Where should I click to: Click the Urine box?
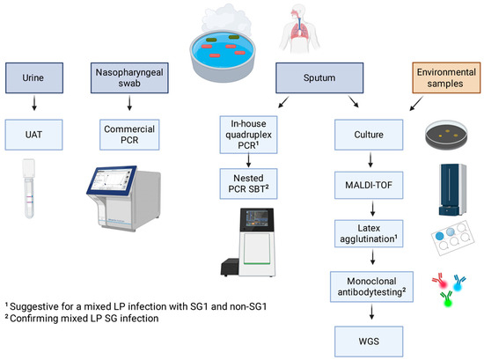pyautogui.click(x=34, y=77)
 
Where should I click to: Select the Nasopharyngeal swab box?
pyautogui.click(x=129, y=77)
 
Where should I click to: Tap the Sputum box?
pyautogui.click(x=319, y=77)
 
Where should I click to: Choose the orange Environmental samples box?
pyautogui.click(x=446, y=77)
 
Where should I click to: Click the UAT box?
pyautogui.click(x=33, y=135)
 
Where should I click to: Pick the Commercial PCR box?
pyautogui.click(x=129, y=135)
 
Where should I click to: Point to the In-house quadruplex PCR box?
pyautogui.click(x=248, y=135)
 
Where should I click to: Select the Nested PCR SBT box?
pyautogui.click(x=248, y=184)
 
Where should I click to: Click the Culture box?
pyautogui.click(x=369, y=135)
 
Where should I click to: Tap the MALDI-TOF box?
pyautogui.click(x=369, y=185)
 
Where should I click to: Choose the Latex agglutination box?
pyautogui.click(x=369, y=234)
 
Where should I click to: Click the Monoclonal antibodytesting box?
pyautogui.click(x=371, y=287)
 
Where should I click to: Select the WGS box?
pyautogui.click(x=369, y=342)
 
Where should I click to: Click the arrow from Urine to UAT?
pyautogui.click(x=34, y=103)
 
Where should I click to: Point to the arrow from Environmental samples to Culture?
pyautogui.click(x=416, y=103)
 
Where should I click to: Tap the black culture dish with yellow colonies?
pyautogui.click(x=446, y=135)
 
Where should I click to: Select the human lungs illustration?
pyautogui.click(x=299, y=30)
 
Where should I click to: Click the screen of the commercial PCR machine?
pyautogui.click(x=113, y=180)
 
